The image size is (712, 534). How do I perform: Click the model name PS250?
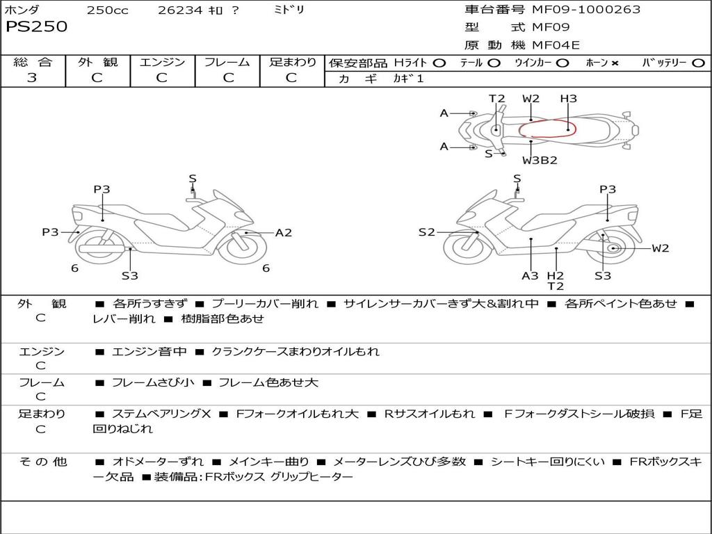[36, 27]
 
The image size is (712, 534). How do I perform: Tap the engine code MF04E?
[556, 46]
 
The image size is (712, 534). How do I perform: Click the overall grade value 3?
[32, 78]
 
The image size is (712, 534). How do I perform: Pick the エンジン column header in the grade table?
[162, 62]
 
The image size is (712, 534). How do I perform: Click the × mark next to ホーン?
[615, 63]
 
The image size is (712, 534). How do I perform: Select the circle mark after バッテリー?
[697, 63]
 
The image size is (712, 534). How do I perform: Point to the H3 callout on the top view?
[568, 99]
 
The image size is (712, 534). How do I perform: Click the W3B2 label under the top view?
[540, 160]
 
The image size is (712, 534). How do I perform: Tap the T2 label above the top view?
[496, 99]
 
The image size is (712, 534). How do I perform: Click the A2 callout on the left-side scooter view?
[284, 233]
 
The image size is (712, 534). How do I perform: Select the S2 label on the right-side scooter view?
[426, 232]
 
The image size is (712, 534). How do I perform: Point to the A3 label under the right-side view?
[531, 275]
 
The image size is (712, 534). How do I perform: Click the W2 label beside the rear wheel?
[661, 248]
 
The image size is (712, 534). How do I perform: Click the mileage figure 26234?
[177, 10]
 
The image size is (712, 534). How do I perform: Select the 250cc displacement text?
[107, 10]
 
